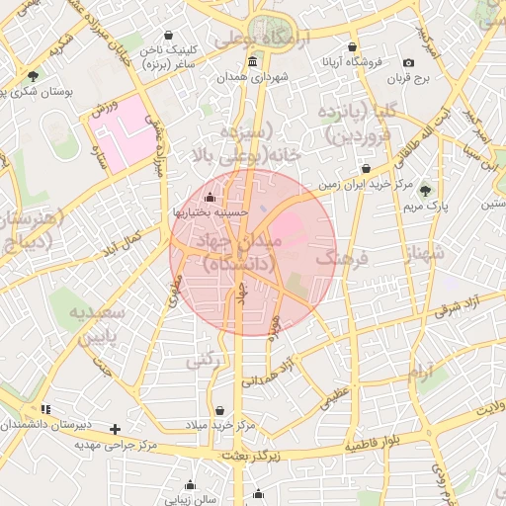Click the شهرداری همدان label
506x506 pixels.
point(253,77)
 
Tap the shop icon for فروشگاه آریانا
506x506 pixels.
point(352,46)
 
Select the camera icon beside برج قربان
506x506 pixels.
point(409,63)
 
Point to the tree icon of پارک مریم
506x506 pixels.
point(426,191)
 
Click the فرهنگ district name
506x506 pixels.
point(341,259)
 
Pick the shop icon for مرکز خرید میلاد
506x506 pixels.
point(218,410)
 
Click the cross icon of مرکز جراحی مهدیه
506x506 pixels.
point(116,429)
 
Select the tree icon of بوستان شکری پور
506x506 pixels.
point(34,75)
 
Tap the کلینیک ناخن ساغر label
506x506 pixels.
point(169,55)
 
